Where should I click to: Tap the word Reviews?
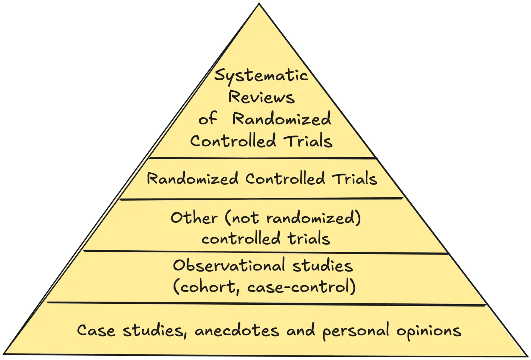coord(261,97)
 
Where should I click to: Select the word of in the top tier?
coord(207,119)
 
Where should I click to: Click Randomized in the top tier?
coord(281,119)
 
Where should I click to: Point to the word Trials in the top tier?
coord(308,141)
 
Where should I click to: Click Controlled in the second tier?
coord(285,178)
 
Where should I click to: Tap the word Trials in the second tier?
coord(354,178)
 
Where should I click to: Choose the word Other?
coord(194,217)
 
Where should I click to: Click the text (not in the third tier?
coord(242,217)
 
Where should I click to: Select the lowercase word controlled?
coord(241,239)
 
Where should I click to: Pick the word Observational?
coord(229,265)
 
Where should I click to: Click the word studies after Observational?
coord(322,265)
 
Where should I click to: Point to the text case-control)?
coord(302,287)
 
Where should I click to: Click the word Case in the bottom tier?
coord(96,331)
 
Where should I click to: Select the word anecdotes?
coord(237,331)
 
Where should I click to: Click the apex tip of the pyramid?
coord(259,4)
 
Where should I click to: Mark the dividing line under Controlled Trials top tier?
coord(262,158)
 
